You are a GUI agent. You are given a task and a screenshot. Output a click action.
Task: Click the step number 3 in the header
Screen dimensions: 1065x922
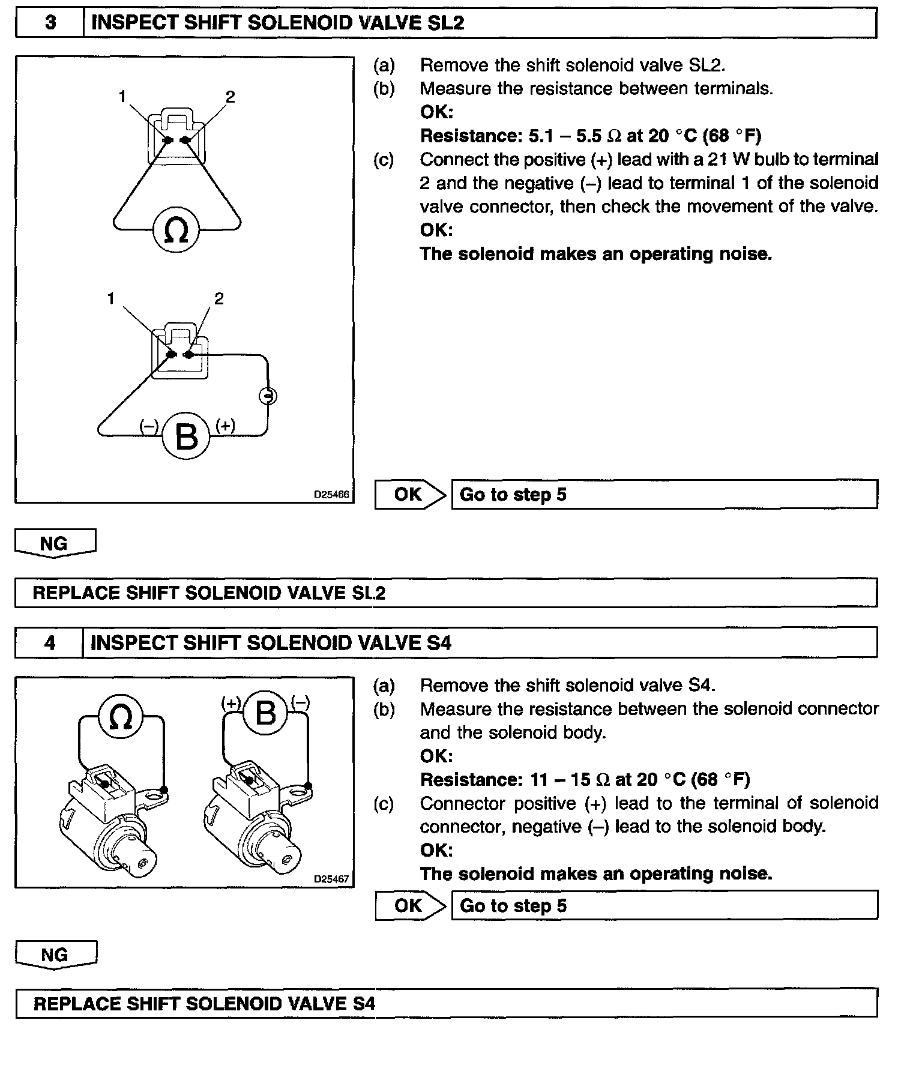point(50,23)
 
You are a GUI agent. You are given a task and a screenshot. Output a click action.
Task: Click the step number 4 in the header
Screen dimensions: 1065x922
point(49,643)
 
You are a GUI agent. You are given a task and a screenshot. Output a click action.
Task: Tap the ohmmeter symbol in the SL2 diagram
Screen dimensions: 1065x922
point(176,230)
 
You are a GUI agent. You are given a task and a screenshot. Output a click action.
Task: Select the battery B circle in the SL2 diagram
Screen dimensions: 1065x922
point(186,436)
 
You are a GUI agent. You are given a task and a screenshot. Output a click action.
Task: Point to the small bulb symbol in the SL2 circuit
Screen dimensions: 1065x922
point(268,396)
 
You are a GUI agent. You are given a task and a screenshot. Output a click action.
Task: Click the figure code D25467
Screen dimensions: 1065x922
point(331,879)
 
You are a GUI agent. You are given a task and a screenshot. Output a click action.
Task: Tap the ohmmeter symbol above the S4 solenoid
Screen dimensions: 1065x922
point(120,715)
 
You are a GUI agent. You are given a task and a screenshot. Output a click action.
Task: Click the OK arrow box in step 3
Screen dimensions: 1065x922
point(410,495)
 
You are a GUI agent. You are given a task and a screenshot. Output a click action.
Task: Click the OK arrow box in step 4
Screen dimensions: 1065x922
point(410,906)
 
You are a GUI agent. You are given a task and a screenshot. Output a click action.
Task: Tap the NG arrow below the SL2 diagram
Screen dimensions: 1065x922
point(55,543)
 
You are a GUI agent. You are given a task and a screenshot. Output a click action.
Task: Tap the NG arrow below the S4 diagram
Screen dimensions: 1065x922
point(55,955)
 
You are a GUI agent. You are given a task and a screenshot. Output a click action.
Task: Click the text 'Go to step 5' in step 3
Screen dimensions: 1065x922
point(513,495)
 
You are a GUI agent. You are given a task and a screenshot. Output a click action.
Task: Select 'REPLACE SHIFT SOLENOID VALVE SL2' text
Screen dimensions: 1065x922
point(209,593)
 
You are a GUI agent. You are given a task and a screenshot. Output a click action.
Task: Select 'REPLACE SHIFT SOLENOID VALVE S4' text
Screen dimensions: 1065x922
point(204,1004)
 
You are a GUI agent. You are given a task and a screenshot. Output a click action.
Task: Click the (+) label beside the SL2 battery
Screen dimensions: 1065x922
point(225,426)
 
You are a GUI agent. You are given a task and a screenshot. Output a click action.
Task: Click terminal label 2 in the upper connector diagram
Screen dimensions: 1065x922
point(230,97)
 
